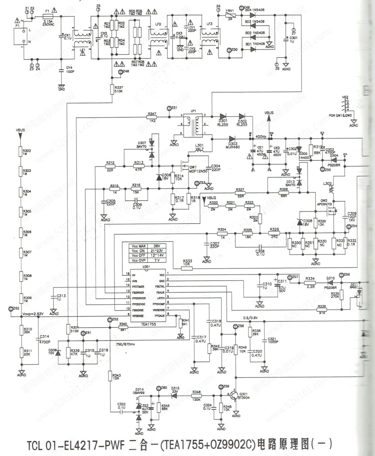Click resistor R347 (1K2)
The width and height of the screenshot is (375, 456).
coord(152,117)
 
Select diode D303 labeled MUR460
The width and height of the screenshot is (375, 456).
coord(233,139)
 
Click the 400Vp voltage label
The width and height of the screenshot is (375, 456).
coord(261,136)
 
